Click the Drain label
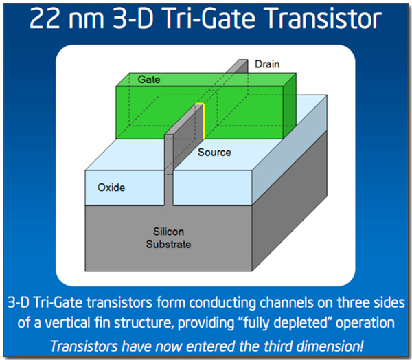[267, 64]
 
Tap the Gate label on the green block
[149, 80]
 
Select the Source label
[214, 153]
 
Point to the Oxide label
[111, 188]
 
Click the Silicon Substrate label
[168, 238]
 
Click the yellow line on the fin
[203, 120]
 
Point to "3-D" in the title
[133, 19]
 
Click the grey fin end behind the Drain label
[238, 66]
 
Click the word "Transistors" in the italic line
[84, 346]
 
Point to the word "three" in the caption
[352, 303]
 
